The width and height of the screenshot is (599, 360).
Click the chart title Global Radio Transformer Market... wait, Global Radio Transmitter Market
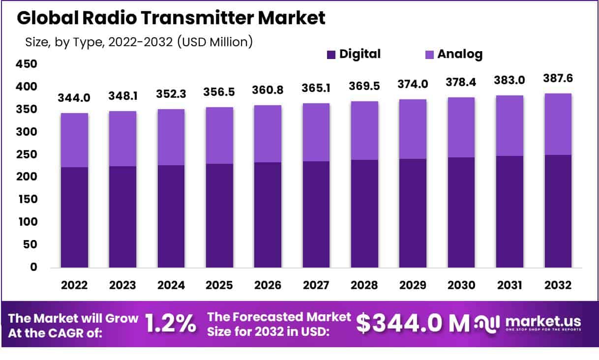click(171, 18)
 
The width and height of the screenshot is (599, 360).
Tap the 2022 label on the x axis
click(75, 285)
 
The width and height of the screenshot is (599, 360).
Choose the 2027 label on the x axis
click(316, 285)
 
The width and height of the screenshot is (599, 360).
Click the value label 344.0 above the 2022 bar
click(74, 98)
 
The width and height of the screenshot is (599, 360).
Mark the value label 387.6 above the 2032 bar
click(558, 78)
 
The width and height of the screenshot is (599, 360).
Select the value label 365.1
click(316, 88)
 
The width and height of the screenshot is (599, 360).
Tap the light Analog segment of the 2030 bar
click(461, 127)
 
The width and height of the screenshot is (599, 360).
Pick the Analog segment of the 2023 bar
click(123, 139)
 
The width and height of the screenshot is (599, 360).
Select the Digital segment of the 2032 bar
click(558, 211)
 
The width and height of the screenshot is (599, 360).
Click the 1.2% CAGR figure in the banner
click(171, 324)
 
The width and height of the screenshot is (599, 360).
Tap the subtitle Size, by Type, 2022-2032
click(139, 42)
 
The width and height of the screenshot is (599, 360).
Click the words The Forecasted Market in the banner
click(279, 316)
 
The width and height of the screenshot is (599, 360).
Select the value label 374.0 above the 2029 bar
click(413, 84)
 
